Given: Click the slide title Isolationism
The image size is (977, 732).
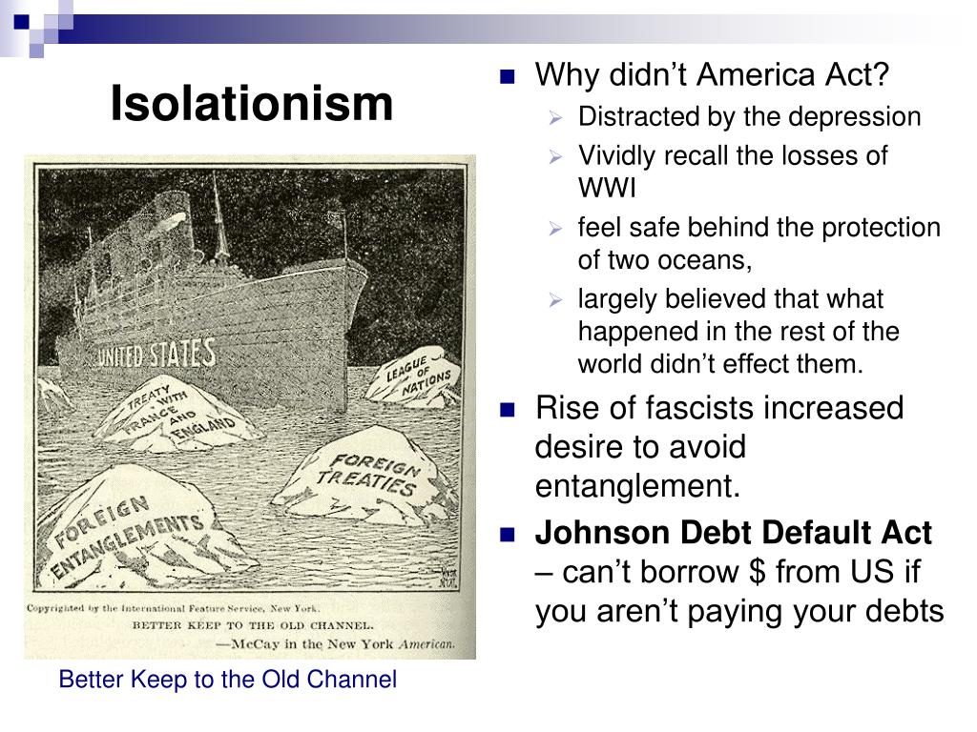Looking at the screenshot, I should click(x=252, y=103).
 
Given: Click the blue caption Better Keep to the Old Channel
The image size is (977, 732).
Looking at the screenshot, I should click(x=227, y=681).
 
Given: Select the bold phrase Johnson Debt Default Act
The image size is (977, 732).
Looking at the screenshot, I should click(x=733, y=533).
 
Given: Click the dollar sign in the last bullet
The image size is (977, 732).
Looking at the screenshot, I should click(x=759, y=572).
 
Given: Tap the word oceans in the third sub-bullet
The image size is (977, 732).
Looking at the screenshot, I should click(x=706, y=260).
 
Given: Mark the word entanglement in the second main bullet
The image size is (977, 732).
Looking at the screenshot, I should click(x=636, y=486).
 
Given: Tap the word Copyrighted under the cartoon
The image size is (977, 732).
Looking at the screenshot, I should click(x=66, y=607).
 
